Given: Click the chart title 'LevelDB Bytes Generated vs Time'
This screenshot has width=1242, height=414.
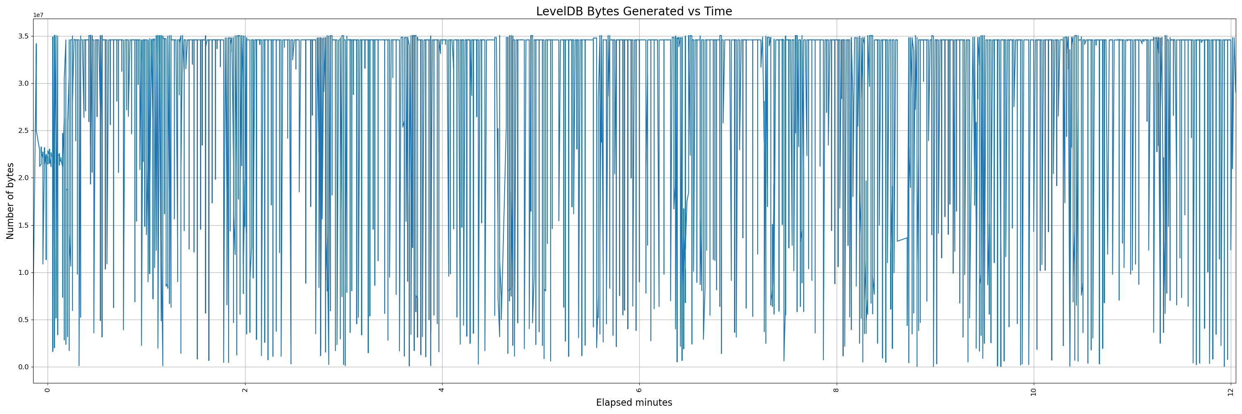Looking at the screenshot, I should pos(633,11).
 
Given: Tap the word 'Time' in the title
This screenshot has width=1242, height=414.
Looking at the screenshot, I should pos(718,11).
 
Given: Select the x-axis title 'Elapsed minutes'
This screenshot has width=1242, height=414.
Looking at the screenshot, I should pos(633,402).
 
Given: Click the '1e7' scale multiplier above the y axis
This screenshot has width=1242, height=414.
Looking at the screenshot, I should pos(38,15).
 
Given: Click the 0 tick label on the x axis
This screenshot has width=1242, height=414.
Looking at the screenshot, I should pos(48,390).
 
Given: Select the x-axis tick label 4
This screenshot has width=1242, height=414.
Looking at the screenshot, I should pos(442,390).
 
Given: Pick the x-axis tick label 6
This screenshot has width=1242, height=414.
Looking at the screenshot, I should pos(639,390).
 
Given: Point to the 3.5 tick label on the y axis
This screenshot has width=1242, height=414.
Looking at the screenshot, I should pos(23,36).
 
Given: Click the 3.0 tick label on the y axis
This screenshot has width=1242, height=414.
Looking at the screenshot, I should pos(23,83).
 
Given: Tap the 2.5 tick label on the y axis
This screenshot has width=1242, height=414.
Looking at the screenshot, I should pos(23,130).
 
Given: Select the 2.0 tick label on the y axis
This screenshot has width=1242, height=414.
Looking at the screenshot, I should pos(23,178).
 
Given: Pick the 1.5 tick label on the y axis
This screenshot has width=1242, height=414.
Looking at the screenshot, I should pos(23,225).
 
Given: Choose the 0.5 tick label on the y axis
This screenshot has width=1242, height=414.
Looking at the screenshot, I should pos(23,320).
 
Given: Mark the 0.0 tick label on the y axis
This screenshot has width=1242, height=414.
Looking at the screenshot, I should pos(23,367).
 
